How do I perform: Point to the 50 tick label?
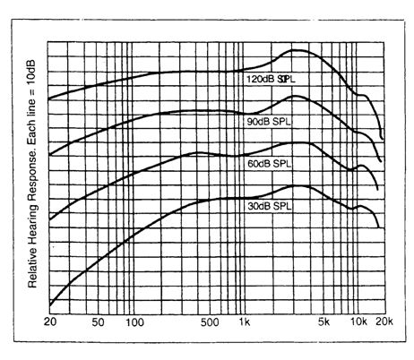[x=99, y=321]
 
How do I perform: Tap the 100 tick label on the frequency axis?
[x=134, y=321]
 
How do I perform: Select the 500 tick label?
[x=209, y=321]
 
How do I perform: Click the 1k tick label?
[x=242, y=321]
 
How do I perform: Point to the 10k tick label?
[x=358, y=321]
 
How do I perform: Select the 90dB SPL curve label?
[x=268, y=120]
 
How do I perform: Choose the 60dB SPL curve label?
[x=270, y=164]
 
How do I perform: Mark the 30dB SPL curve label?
[x=270, y=206]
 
